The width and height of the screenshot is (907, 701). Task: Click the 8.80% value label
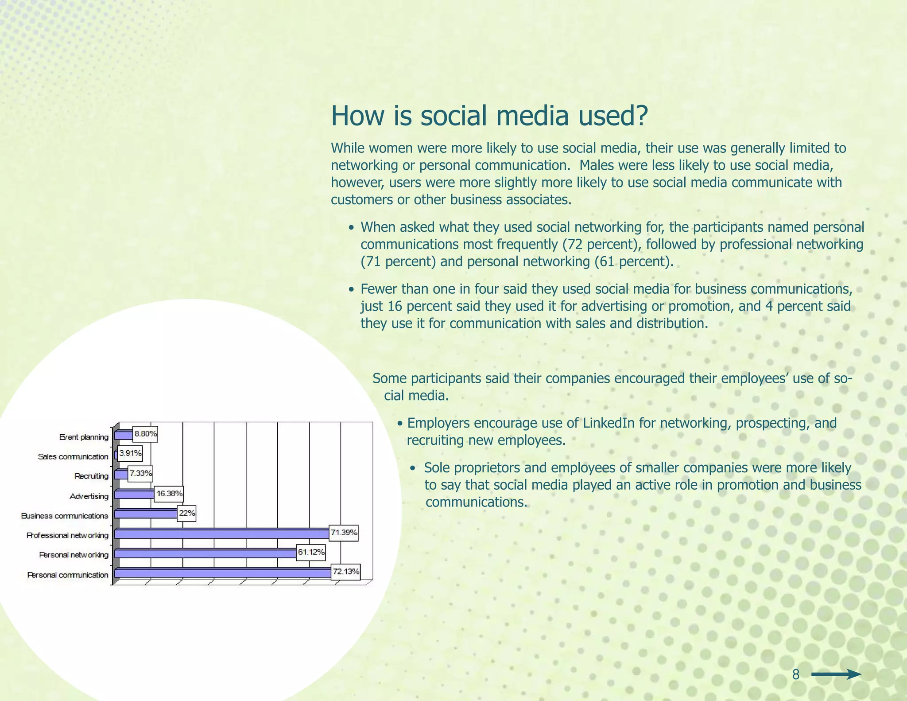coord(145,434)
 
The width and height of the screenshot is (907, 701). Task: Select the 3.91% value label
coord(130,453)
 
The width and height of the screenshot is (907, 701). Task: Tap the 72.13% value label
coord(346,572)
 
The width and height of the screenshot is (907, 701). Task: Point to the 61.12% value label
coord(311,552)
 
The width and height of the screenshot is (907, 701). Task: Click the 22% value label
coord(186,513)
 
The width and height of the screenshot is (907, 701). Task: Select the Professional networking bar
coord(221,534)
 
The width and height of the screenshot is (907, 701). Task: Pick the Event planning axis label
coord(84,437)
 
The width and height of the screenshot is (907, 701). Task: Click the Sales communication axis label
coord(73,457)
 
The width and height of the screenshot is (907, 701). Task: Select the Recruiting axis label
coord(91,476)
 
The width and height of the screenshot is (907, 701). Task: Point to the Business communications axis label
coord(65,516)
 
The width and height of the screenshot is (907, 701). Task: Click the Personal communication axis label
coord(67,575)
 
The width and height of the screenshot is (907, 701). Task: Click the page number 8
coord(796,674)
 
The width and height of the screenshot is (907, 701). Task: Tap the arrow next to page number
coord(836,675)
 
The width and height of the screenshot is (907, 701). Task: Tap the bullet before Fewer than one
coord(351,290)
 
